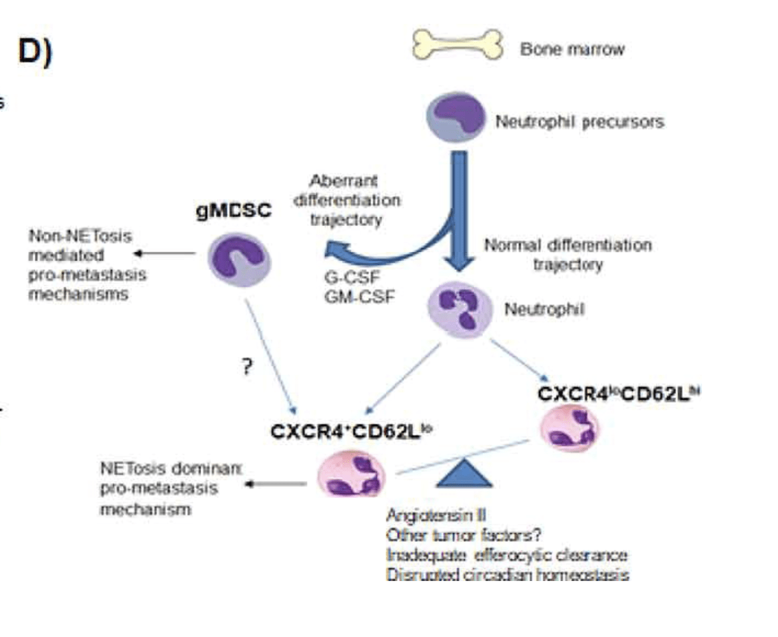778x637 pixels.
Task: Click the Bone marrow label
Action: click(572, 49)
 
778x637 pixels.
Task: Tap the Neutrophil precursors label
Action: click(579, 122)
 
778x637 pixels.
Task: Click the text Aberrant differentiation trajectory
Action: click(346, 200)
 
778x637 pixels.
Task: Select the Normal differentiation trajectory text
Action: click(568, 254)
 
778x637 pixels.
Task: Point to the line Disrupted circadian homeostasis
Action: click(508, 575)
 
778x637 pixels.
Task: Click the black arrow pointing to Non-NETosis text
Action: click(163, 253)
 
